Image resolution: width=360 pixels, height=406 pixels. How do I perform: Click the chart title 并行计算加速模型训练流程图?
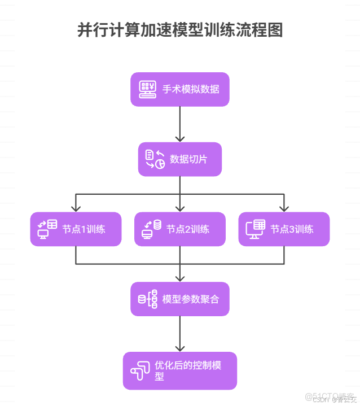(x=179, y=30)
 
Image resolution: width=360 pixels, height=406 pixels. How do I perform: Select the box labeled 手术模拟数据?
(x=180, y=89)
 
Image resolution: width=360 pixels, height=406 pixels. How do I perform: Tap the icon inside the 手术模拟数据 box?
(x=148, y=89)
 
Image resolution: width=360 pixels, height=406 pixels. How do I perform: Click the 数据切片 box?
(x=180, y=159)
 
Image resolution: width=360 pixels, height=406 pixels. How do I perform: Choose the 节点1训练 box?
(x=76, y=229)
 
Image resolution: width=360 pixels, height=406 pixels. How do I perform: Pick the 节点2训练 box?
(x=180, y=229)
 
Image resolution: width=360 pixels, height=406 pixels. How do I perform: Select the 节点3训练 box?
(x=284, y=229)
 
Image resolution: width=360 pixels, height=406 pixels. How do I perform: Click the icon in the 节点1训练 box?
(x=47, y=229)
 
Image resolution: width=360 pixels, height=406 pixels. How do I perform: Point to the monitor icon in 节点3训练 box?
(x=256, y=229)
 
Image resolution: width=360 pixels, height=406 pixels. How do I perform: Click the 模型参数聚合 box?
(x=180, y=299)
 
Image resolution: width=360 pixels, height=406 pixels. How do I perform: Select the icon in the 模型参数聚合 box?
(x=148, y=299)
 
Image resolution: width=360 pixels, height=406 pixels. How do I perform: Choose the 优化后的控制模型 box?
(x=180, y=370)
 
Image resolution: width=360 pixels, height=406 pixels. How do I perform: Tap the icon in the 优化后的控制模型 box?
(x=141, y=371)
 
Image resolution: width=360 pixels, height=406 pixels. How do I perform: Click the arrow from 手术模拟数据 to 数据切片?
(x=180, y=124)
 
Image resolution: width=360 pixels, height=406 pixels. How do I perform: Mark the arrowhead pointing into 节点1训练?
(x=76, y=207)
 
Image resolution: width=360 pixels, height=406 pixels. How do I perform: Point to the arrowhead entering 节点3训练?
(x=284, y=207)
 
